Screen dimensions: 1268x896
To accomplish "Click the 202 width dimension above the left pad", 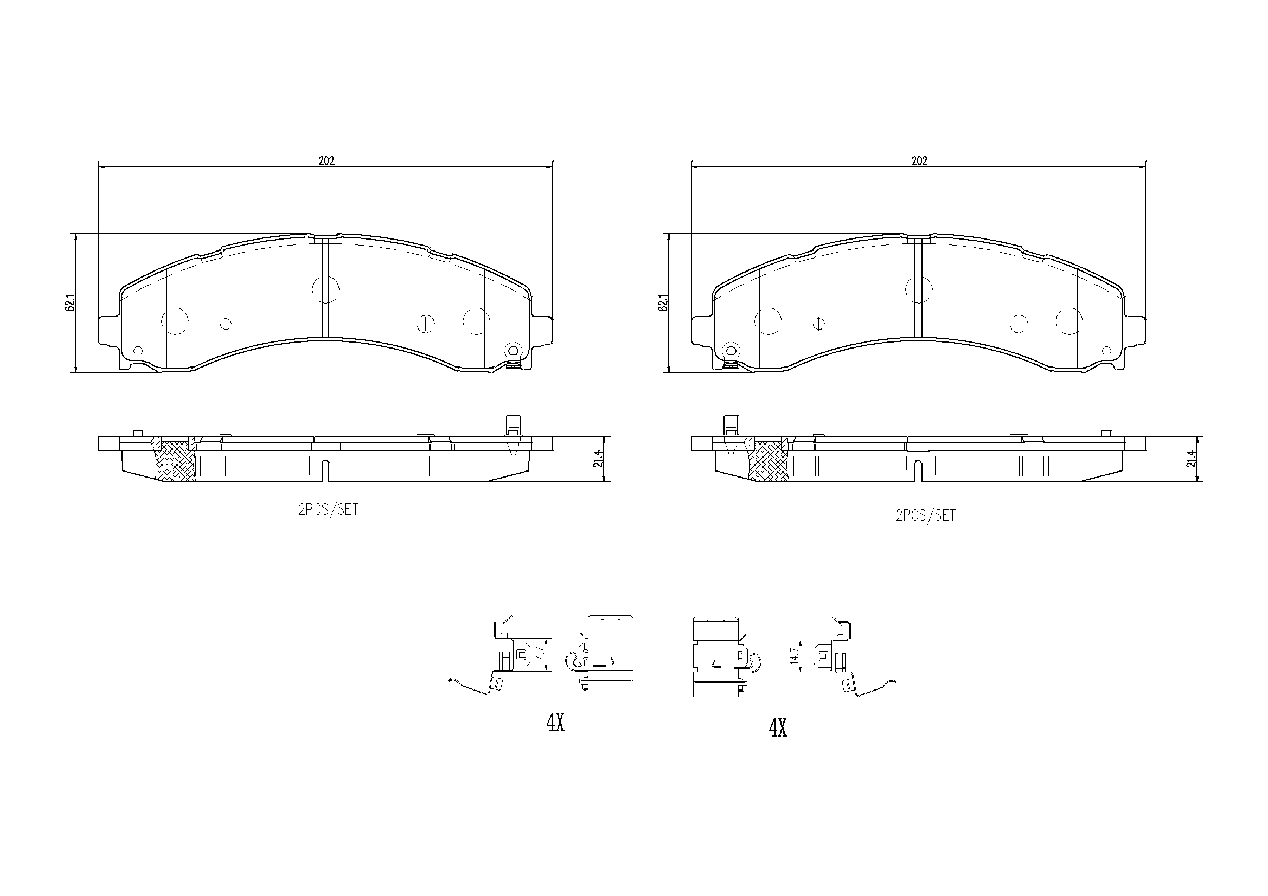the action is (x=326, y=160).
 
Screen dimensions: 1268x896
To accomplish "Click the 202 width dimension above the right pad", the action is (x=919, y=160).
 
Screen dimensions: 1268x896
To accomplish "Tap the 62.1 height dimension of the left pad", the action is (x=69, y=303).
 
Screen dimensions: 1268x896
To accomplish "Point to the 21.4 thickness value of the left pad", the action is (x=598, y=459).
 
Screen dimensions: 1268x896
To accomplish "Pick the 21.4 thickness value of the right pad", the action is (x=1190, y=459).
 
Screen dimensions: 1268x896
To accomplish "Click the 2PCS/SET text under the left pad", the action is (x=329, y=510).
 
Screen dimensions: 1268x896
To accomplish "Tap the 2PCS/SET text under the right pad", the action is (x=926, y=515).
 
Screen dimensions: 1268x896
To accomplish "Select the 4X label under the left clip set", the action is (x=555, y=723).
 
